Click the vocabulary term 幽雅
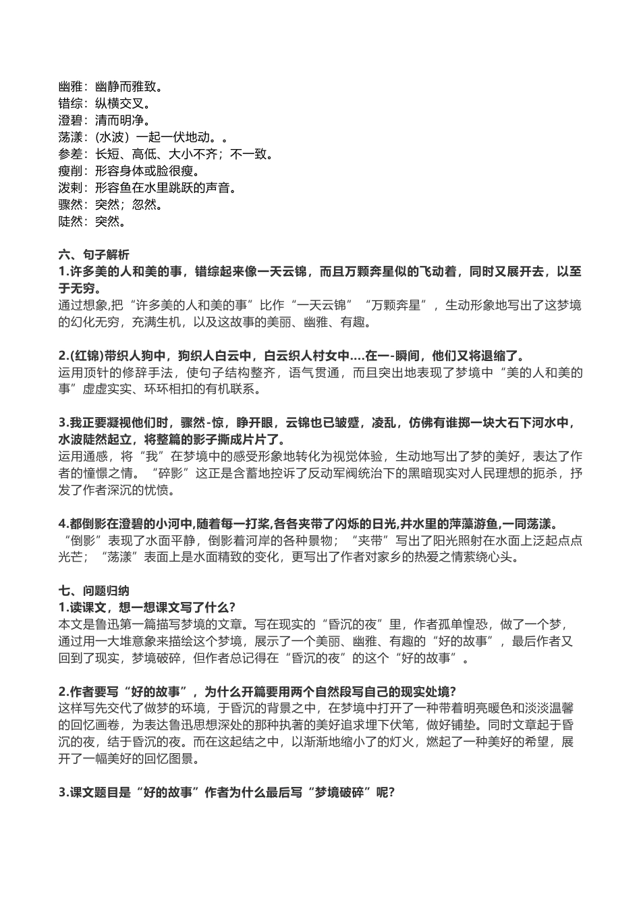pos(71,87)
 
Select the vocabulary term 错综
pos(71,104)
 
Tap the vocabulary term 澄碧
pos(71,121)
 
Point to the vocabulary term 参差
pos(71,155)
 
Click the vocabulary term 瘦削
pos(71,171)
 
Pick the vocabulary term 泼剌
pos(71,188)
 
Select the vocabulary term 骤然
pos(71,204)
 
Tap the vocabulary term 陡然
pos(71,221)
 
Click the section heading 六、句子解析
pos(94,255)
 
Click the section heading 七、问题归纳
pos(94,590)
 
